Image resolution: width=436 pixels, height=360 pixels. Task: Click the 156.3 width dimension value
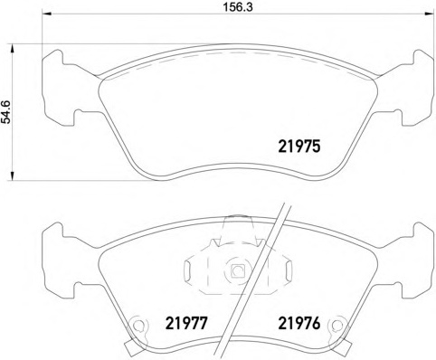point(237,7)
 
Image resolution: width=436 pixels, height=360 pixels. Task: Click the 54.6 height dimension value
point(5,112)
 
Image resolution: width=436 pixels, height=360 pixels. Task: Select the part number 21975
point(299,147)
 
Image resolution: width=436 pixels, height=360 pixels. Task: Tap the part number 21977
point(186,324)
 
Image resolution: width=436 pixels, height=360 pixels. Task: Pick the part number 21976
point(299,324)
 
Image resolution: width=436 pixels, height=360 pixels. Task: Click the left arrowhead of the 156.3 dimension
point(47,14)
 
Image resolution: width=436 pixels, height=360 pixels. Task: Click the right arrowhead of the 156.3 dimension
point(429,14)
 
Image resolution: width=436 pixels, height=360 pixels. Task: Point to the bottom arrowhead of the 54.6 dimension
point(12,175)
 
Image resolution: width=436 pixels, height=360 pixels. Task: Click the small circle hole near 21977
point(138,325)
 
